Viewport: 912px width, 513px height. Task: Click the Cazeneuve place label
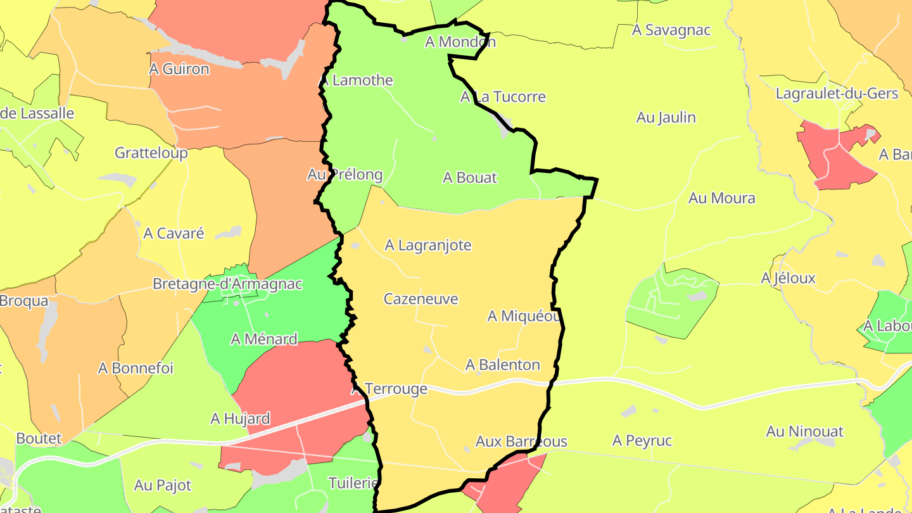pyautogui.click(x=421, y=299)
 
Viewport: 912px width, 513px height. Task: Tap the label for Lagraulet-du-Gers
pyautogui.click(x=837, y=94)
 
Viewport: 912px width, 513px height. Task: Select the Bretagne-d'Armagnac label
pyautogui.click(x=227, y=284)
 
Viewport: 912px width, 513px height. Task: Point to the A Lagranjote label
pyautogui.click(x=428, y=245)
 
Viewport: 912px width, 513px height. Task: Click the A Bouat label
pyautogui.click(x=469, y=178)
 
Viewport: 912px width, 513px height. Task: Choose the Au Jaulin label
pyautogui.click(x=666, y=118)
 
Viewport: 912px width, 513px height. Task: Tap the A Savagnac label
pyautogui.click(x=671, y=30)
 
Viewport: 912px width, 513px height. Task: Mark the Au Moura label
pyautogui.click(x=721, y=198)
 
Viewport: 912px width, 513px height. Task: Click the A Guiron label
pyautogui.click(x=179, y=69)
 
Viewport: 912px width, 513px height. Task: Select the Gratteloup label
pyautogui.click(x=151, y=153)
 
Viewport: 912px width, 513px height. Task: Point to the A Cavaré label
pyautogui.click(x=174, y=234)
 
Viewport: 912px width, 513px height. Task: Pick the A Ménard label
pyautogui.click(x=263, y=339)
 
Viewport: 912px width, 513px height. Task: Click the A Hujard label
pyautogui.click(x=240, y=419)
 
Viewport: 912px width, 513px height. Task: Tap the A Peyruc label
pyautogui.click(x=642, y=441)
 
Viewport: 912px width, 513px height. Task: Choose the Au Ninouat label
pyautogui.click(x=804, y=432)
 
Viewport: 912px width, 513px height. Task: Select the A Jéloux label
pyautogui.click(x=788, y=279)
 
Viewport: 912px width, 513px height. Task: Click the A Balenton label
pyautogui.click(x=502, y=365)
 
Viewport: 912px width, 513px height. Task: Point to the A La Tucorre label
pyautogui.click(x=502, y=97)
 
